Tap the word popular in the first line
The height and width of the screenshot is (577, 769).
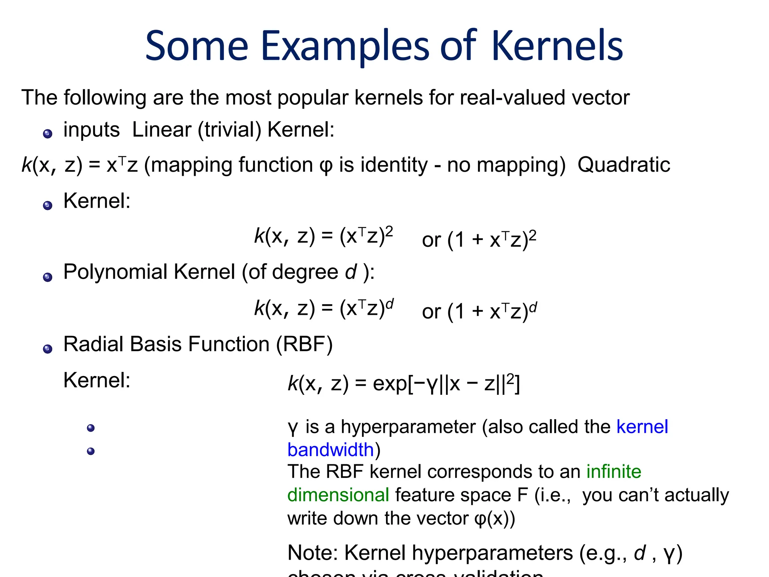coord(313,98)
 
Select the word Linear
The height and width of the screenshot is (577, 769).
coord(162,130)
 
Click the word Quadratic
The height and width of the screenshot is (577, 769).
coord(624,165)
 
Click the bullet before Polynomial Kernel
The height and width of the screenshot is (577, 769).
coord(48,278)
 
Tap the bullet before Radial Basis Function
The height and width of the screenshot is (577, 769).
coord(48,349)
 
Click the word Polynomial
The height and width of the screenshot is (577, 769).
coord(115,272)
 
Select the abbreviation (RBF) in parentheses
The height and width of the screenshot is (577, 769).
coord(304,344)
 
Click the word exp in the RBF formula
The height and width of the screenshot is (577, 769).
coord(390,384)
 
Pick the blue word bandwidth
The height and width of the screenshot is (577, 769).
coord(330,450)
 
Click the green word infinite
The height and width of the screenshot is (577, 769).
coord(614,471)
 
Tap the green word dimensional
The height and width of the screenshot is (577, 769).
coord(338,495)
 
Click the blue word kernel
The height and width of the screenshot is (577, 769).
coord(642,427)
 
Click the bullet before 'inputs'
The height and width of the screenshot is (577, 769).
coord(48,134)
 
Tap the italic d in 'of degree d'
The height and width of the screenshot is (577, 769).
coord(351,272)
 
